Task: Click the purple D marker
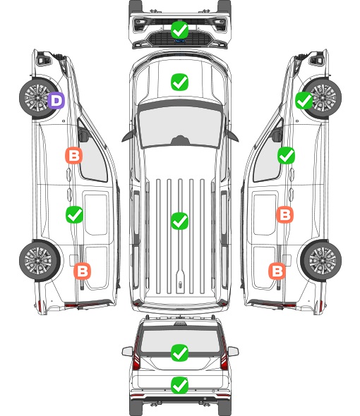tap(56, 100)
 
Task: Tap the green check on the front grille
tap(179, 30)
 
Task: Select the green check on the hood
tap(179, 82)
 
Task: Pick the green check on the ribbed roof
tap(179, 221)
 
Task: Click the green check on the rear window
tap(179, 353)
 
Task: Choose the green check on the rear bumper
tap(179, 385)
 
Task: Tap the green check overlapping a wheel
tap(304, 101)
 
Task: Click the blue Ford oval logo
tap(179, 41)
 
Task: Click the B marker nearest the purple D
tap(73, 155)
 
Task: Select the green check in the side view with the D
tap(74, 214)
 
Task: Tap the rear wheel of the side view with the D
tap(40, 260)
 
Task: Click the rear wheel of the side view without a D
tap(321, 260)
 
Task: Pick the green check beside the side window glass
tap(286, 155)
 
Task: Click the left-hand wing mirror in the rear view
tap(128, 352)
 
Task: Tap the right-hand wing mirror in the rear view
tap(233, 352)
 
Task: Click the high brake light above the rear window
tap(180, 323)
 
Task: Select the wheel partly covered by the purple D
tap(38, 97)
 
